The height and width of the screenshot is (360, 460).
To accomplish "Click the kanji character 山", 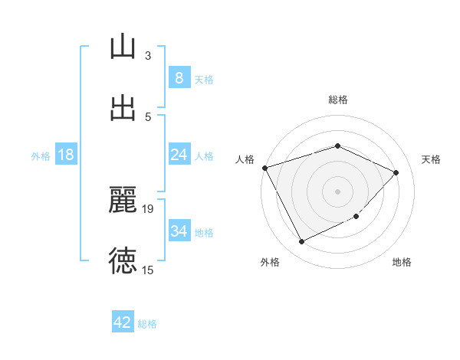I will (123, 47).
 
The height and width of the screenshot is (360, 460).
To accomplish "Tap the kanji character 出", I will (123, 108).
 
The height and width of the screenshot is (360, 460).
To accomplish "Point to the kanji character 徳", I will (123, 261).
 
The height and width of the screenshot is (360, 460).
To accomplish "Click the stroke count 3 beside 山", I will (148, 55).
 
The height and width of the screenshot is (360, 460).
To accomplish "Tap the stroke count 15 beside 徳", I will (148, 270).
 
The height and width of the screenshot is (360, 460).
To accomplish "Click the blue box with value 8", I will (179, 78).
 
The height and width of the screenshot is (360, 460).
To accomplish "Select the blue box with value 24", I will (179, 155).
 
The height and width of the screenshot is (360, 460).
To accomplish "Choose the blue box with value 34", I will (179, 231).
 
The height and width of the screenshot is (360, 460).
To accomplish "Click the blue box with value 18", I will (66, 155).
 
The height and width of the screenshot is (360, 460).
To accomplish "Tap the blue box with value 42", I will (123, 322).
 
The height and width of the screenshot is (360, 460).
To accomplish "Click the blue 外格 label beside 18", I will (41, 156).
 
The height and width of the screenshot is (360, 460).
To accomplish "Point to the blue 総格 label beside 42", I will (147, 324).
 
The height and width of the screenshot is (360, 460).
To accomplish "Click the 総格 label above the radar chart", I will (338, 100).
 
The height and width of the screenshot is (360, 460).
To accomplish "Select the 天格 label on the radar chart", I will (431, 159).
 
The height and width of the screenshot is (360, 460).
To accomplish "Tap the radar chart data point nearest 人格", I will (264, 168).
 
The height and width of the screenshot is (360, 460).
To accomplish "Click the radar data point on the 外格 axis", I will (301, 242).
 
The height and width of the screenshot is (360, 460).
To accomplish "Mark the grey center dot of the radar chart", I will (338, 191).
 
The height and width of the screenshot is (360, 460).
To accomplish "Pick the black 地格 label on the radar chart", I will (402, 262).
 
